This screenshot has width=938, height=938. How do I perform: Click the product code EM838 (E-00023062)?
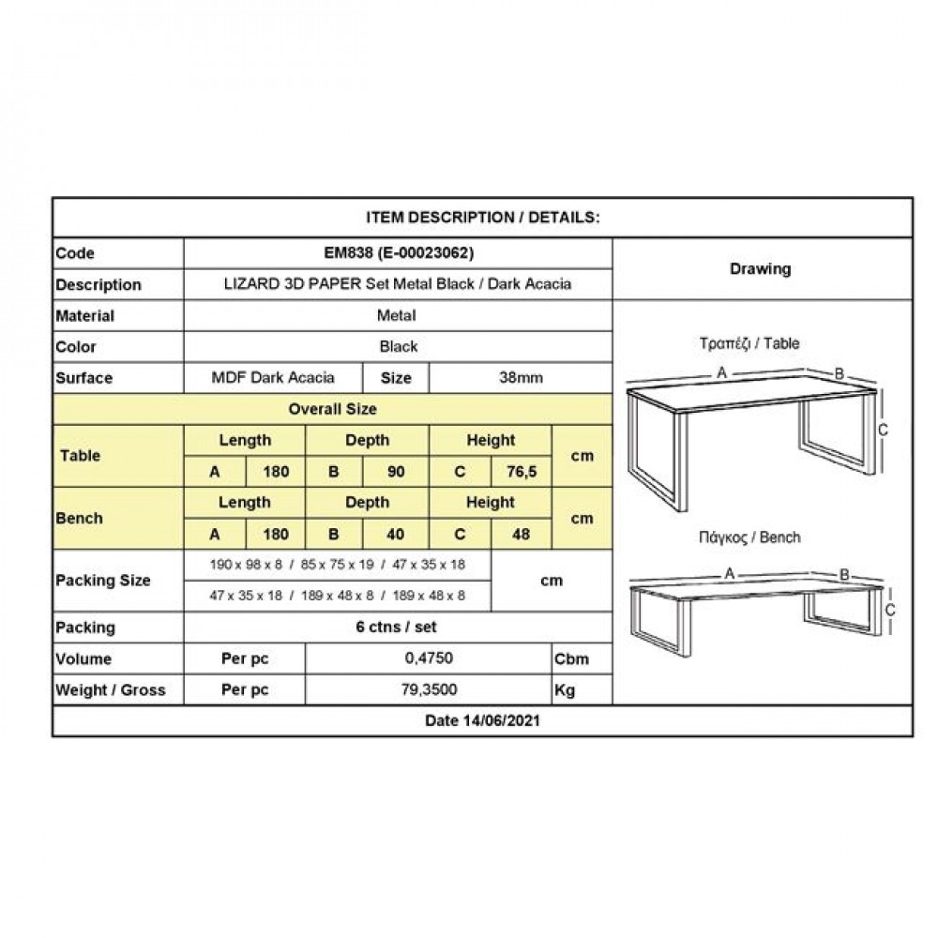point(398,253)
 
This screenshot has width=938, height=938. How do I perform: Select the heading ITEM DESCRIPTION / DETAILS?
point(482,218)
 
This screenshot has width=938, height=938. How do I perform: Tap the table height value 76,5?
point(520,472)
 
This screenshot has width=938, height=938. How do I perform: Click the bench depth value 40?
point(397,535)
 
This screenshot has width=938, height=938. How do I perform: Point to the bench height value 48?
point(521,535)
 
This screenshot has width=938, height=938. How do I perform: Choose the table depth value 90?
point(397,472)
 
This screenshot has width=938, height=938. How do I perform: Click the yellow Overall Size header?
point(333,409)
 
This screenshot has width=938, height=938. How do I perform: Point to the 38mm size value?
point(521,378)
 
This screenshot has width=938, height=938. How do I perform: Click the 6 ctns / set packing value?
point(399,627)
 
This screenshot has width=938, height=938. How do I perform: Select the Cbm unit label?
point(572,658)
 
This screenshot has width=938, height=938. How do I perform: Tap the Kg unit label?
point(567,689)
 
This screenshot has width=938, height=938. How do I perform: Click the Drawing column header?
point(760,269)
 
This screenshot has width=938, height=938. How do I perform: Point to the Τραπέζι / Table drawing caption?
point(760,343)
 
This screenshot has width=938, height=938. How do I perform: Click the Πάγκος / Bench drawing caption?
point(760,537)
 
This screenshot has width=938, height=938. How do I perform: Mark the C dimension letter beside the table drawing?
point(883,429)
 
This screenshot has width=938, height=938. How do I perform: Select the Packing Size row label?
point(103,580)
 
